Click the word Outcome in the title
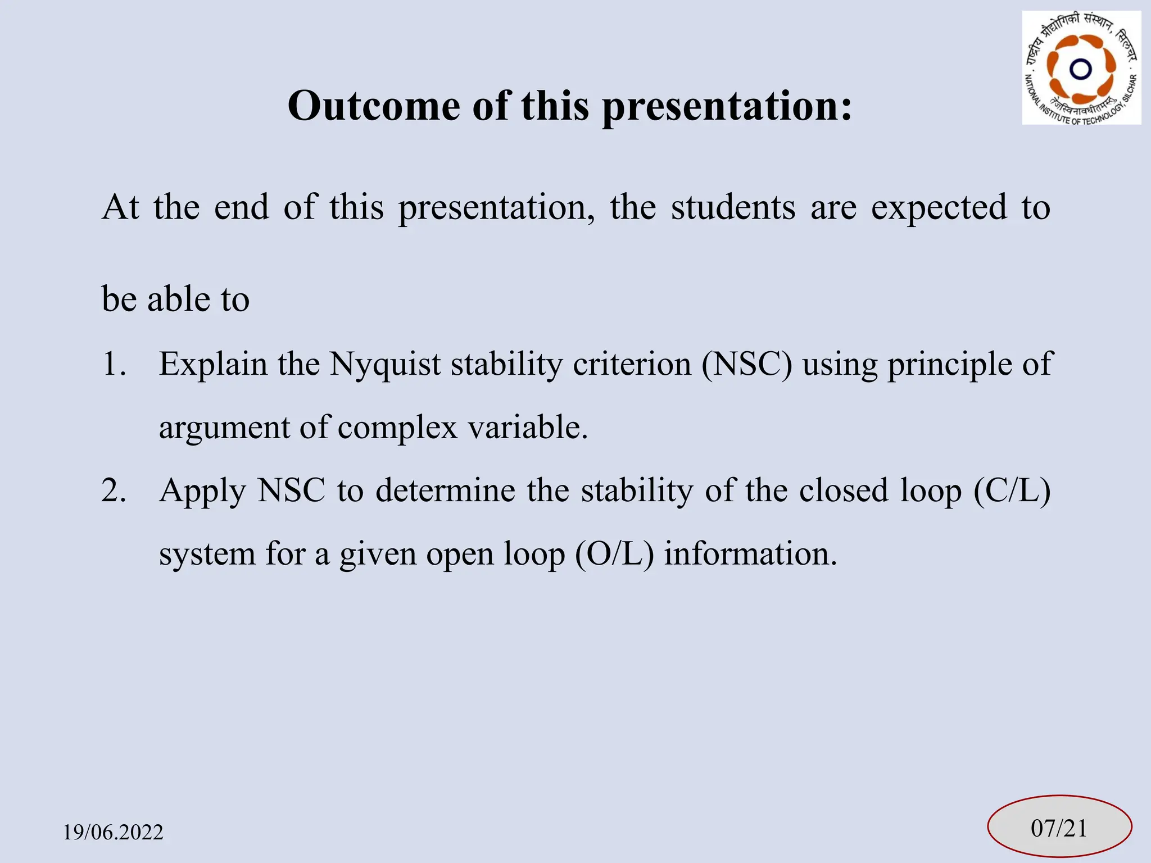click(374, 106)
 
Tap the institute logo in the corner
click(1081, 67)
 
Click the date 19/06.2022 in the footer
click(113, 832)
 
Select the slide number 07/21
click(1059, 828)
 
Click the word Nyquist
click(384, 364)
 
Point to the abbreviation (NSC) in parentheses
click(747, 364)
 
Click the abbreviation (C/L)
click(1012, 490)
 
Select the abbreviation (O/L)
click(614, 553)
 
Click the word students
click(733, 207)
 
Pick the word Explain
click(212, 364)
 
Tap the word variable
click(528, 427)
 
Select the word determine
click(445, 490)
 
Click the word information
click(750, 553)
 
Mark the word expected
click(939, 208)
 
